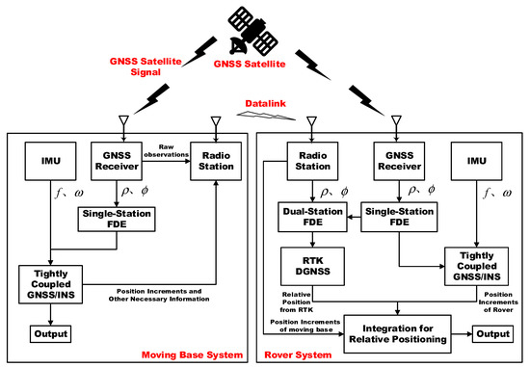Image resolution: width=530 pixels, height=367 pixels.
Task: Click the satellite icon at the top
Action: [261, 28]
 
